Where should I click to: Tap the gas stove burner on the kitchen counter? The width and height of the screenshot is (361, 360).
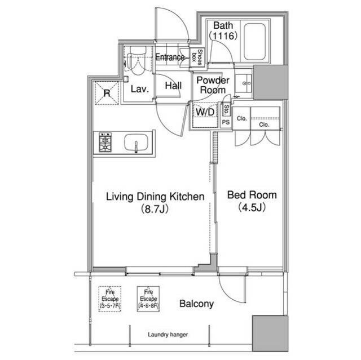point(105,143)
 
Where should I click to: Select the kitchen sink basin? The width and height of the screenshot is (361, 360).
point(137,143)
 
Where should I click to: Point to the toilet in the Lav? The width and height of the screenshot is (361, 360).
point(138,60)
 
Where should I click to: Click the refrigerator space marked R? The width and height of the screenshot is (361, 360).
point(107,93)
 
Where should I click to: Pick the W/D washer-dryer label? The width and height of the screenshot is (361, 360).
point(205,112)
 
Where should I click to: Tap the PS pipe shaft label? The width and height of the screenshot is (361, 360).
point(226,122)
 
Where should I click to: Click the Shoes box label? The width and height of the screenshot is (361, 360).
point(197,57)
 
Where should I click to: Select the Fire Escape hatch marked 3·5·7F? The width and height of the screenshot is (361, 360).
point(110,299)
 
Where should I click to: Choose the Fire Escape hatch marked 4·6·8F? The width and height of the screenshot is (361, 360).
point(148,299)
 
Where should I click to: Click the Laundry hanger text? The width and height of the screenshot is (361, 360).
point(168,335)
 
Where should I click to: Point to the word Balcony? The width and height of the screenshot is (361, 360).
point(196,304)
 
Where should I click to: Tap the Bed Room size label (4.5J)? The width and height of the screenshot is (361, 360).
point(252,207)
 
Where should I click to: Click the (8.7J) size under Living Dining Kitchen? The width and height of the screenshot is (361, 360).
point(155,209)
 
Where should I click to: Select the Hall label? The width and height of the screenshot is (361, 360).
point(173,86)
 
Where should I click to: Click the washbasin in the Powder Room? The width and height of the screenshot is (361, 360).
point(243,83)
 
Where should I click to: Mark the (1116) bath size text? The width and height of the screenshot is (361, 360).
point(223,35)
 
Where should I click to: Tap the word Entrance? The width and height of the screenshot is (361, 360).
point(170,57)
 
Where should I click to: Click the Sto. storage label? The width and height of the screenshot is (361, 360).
point(227,110)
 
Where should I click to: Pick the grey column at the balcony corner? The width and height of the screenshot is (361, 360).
point(270,333)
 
